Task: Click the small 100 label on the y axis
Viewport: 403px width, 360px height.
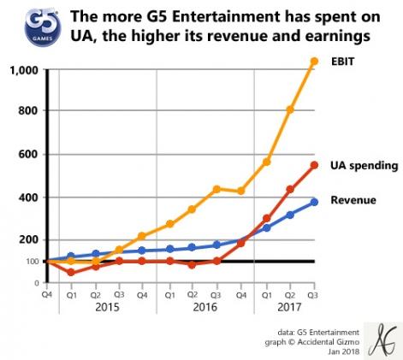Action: point(32,262)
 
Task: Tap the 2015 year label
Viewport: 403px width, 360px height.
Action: point(106,306)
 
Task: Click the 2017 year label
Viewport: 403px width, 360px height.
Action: point(289,306)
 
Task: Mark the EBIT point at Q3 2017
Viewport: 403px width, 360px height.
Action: point(314,61)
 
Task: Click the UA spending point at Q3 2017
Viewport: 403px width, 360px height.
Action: point(314,165)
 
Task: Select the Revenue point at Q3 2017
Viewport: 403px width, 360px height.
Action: point(314,202)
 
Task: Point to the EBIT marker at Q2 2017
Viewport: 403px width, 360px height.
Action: point(290,109)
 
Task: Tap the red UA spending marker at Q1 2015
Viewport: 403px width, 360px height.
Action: point(71,273)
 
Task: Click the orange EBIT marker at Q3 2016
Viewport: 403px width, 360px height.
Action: point(216,189)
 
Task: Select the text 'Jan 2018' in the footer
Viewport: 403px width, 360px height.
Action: point(339,351)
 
